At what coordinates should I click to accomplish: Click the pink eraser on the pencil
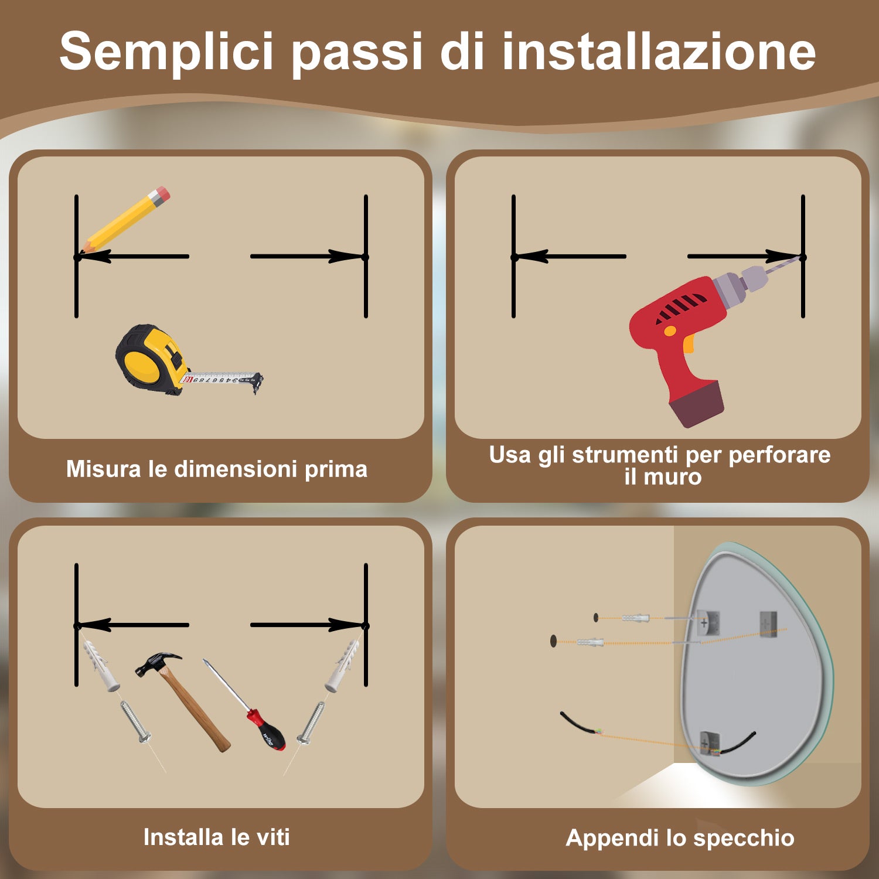tap(160, 195)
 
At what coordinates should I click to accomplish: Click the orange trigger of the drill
tap(688, 343)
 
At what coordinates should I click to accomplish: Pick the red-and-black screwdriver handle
tap(267, 730)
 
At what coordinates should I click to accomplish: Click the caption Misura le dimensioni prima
tap(217, 469)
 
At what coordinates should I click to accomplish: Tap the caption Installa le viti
tap(217, 837)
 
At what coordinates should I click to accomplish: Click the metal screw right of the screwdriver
tap(311, 723)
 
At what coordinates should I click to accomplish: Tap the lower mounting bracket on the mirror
tap(709, 743)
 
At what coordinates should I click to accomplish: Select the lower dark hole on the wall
tap(553, 640)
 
